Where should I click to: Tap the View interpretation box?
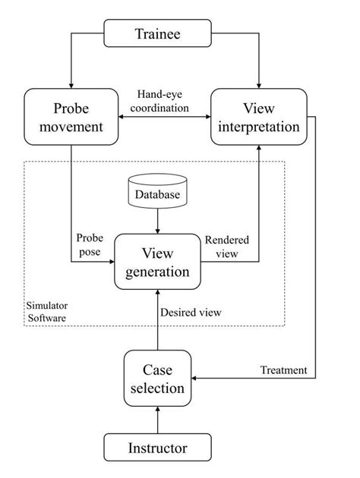[x=259, y=117]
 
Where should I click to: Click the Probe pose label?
[x=89, y=244]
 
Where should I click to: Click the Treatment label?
[x=283, y=370]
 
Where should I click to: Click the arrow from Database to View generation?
[x=157, y=222]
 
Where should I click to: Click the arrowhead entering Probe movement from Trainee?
[x=71, y=84]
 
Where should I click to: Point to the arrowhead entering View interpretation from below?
[x=259, y=151]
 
